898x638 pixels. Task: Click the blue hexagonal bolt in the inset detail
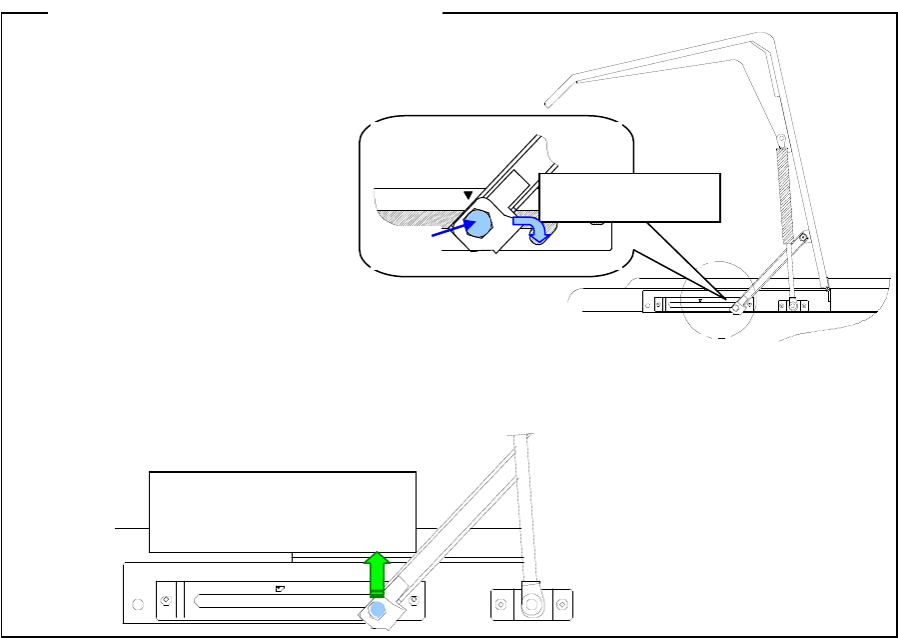tap(479, 224)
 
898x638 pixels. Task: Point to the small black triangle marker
tap(466, 196)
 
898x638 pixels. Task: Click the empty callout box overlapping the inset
tap(628, 197)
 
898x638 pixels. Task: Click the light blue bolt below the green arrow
tap(378, 608)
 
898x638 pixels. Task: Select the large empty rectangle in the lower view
tap(282, 510)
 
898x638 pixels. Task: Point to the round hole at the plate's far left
tap(138, 604)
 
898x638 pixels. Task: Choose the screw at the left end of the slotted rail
tap(166, 600)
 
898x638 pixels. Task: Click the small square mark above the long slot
tap(280, 589)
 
